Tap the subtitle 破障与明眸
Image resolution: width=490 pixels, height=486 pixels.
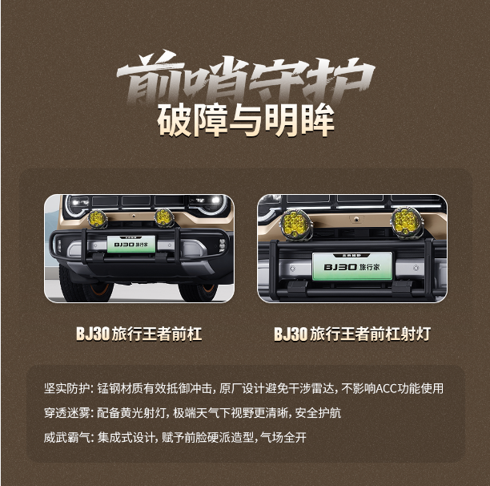coord(246,120)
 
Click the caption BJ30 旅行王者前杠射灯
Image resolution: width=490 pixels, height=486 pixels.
coord(352,334)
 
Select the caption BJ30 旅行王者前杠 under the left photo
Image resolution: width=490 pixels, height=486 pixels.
coord(139,334)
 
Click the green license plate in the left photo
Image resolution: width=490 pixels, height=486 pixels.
coord(131,244)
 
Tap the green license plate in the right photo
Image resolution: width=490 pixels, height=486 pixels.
coord(352,266)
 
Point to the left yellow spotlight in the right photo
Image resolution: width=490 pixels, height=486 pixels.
coord(295,223)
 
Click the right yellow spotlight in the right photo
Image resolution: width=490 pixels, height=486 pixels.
coord(407,222)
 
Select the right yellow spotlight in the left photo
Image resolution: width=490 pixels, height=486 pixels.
coord(164,217)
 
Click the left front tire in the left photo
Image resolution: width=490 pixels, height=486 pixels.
coord(84,286)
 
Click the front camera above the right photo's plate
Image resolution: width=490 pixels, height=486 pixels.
coord(356,220)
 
